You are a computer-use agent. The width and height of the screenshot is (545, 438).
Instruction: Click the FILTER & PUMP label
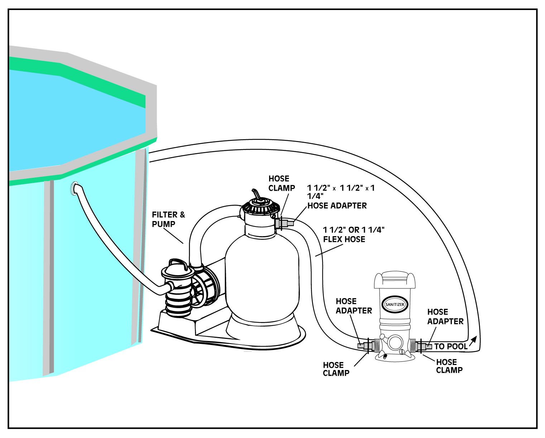click(168, 219)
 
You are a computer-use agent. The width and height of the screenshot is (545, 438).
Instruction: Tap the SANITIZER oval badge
click(395, 304)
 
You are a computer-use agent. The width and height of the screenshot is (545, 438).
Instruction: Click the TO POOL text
click(450, 346)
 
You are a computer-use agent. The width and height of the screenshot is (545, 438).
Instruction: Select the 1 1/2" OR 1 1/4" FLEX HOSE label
click(353, 234)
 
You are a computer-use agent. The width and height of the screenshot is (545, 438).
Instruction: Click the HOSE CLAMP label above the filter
click(281, 183)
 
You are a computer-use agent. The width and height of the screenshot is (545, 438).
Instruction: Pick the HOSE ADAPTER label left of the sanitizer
click(353, 306)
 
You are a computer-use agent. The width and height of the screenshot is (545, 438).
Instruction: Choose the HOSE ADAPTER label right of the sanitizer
click(445, 317)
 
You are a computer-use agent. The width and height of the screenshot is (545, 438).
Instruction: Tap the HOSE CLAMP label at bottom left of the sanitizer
click(336, 369)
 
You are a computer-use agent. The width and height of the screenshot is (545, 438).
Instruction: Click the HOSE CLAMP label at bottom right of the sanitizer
click(449, 366)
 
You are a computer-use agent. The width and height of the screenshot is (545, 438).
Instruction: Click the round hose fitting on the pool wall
click(76, 188)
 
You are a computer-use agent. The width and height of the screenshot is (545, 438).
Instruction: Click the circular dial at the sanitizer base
click(395, 342)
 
